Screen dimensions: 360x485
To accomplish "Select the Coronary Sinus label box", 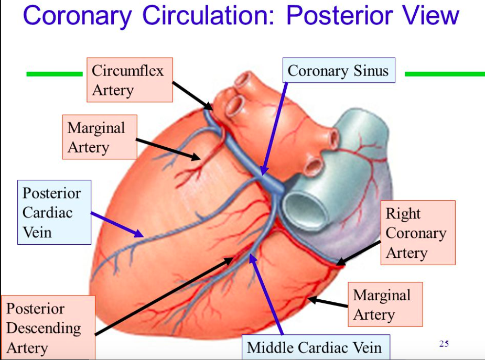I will coord(338,71).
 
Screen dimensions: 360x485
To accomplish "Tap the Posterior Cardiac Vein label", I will coord(54,212).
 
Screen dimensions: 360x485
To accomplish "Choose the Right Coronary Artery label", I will coord(417,233).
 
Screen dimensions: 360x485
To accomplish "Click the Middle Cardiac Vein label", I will coord(314,347).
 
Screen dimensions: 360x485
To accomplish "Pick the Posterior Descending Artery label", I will coord(47,328).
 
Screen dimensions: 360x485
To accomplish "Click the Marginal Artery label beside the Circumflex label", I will coord(99,137).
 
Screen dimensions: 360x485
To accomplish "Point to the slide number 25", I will coord(444,344).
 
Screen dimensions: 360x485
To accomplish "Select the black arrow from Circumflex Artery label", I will coord(193,95).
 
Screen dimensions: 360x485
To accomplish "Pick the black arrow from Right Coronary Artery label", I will coord(360,252).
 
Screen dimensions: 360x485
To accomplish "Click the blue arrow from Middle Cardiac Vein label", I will coord(267,294).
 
